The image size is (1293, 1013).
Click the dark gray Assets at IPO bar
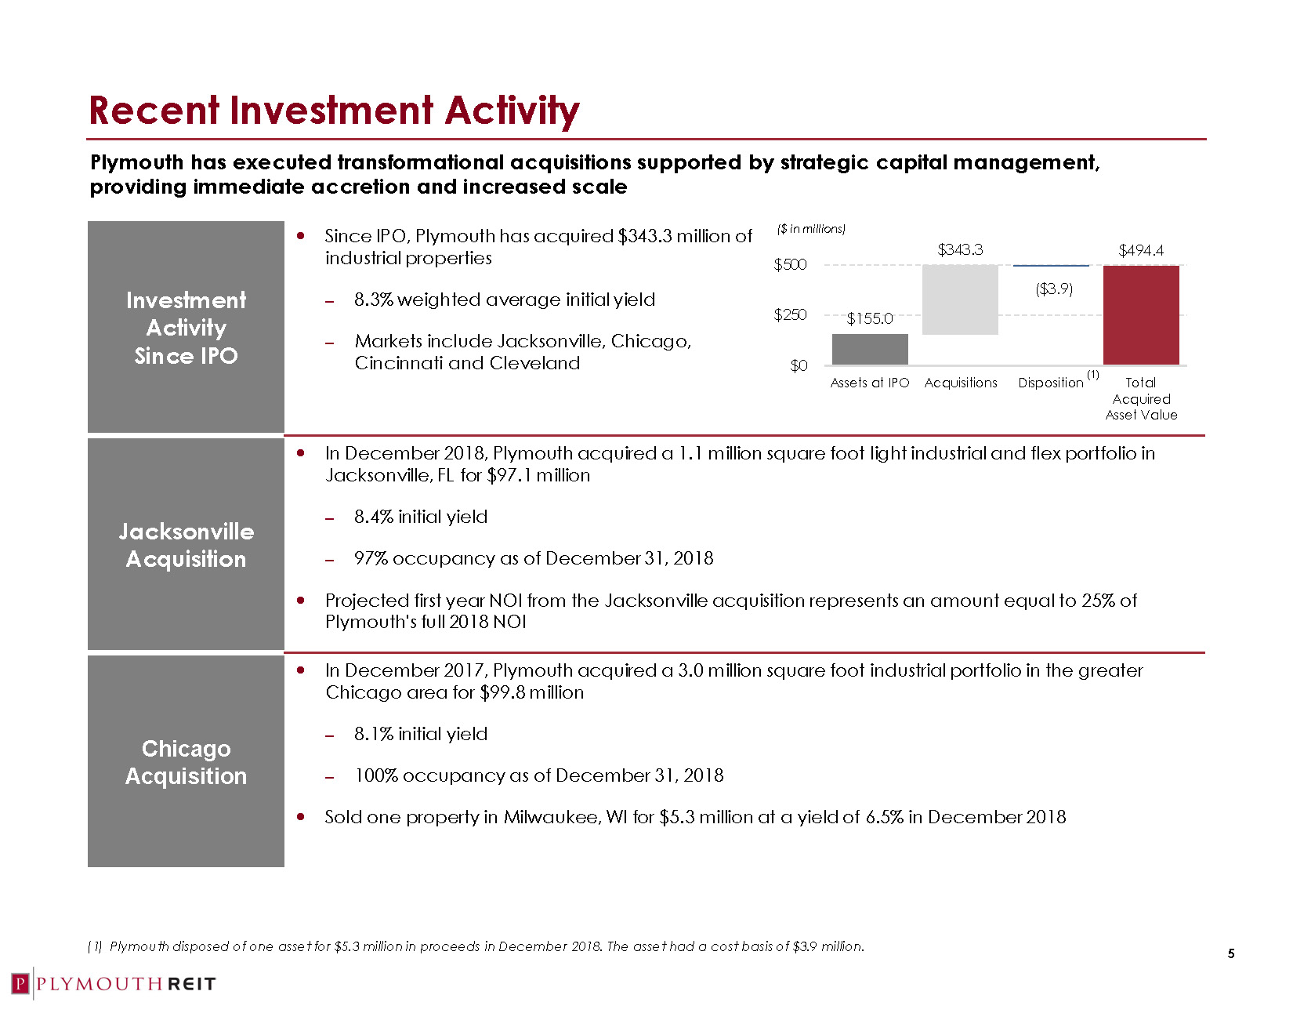coord(870,350)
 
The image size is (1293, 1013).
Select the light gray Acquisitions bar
coord(960,300)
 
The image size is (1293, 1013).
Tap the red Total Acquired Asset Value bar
coord(1141,315)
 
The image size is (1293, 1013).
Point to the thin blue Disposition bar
coord(1051,266)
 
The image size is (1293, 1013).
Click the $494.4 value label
coord(1141,251)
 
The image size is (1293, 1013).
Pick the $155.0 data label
coord(870,318)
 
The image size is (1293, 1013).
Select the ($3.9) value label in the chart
coord(1054,289)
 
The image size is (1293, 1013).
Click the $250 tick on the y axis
coord(790,315)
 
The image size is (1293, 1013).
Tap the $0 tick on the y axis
coord(799,366)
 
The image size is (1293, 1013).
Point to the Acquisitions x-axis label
coord(961,383)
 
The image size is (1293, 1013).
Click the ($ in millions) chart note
coord(811,229)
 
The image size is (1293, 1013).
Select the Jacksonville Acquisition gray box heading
coord(187,545)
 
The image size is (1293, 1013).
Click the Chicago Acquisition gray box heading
coord(187,762)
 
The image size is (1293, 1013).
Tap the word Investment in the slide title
coord(331,111)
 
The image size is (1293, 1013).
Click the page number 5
coord(1231,954)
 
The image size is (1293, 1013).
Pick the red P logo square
coord(20,984)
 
